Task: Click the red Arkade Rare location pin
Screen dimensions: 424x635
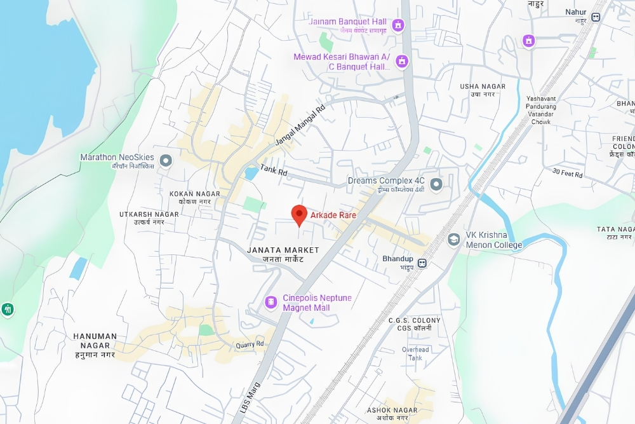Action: [x=299, y=215]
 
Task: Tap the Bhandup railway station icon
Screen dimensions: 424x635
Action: [x=422, y=263]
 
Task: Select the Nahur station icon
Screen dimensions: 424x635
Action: [x=596, y=17]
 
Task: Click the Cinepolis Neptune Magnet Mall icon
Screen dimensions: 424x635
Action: [x=271, y=300]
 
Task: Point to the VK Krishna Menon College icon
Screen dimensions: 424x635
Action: [x=453, y=239]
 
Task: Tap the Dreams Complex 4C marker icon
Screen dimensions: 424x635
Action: [x=436, y=185]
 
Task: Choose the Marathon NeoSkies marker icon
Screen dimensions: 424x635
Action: [x=166, y=160]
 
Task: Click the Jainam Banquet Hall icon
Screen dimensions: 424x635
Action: [x=399, y=25]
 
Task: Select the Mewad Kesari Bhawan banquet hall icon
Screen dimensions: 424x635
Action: [x=401, y=62]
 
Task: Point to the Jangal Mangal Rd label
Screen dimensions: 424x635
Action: [x=299, y=124]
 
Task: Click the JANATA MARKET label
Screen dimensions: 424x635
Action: [x=283, y=250]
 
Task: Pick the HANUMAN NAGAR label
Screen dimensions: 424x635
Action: [x=95, y=336]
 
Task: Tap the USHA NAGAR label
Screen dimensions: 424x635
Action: [x=483, y=86]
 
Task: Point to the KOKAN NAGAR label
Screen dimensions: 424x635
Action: [x=195, y=193]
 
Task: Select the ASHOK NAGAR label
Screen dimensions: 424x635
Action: [x=392, y=410]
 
